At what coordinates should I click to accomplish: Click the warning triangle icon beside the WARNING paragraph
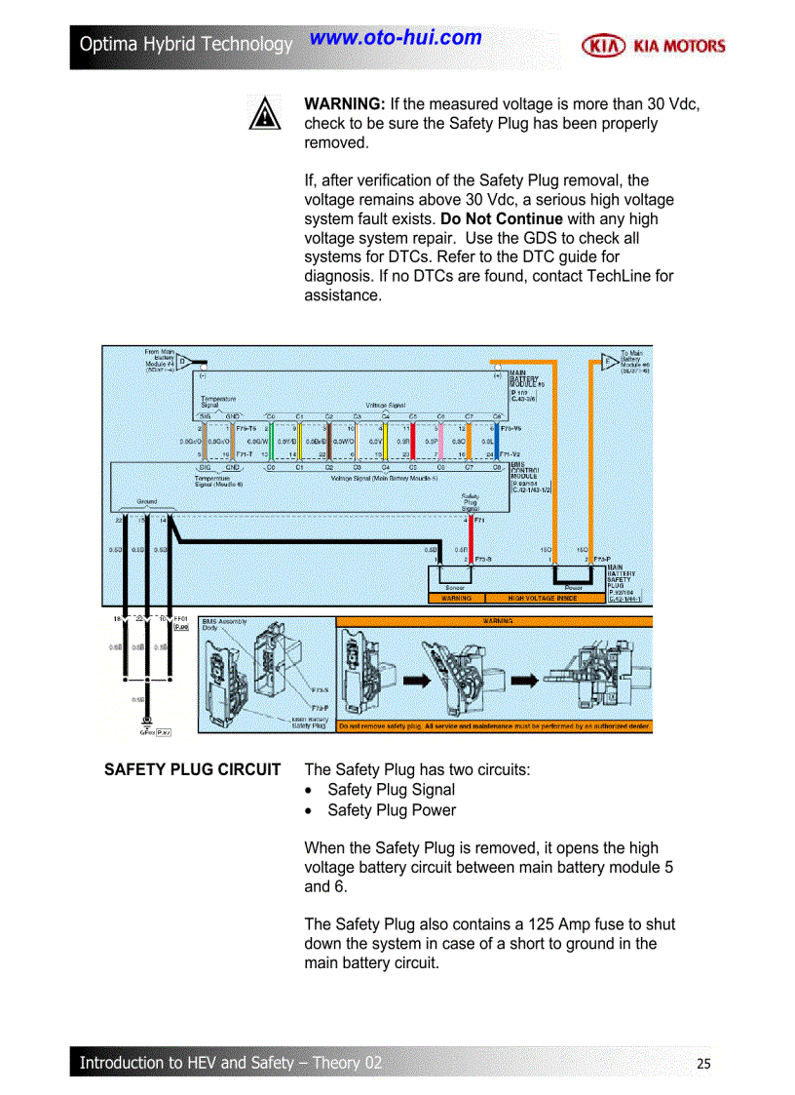264,114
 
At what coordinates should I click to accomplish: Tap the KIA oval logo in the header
603,45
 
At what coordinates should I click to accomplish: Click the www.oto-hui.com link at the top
396,38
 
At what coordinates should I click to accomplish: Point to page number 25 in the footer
703,1063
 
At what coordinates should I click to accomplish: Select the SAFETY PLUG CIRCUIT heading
192,770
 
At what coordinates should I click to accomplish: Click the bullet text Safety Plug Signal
391,790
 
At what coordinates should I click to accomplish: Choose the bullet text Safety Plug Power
391,810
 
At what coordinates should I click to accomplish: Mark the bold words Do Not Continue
501,218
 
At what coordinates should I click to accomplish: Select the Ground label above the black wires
146,501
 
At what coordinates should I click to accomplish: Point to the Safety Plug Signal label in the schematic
470,502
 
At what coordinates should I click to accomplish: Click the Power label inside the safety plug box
573,588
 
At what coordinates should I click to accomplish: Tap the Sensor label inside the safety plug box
455,588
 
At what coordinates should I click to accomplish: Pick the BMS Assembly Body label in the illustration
224,624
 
